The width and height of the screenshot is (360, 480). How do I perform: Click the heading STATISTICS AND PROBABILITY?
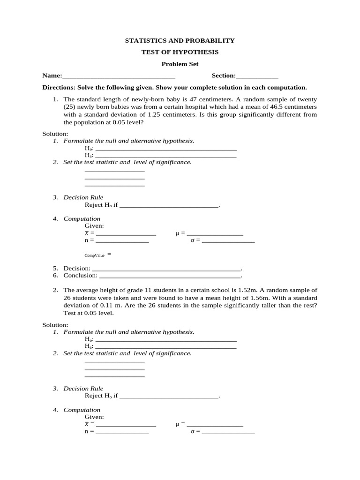(180, 41)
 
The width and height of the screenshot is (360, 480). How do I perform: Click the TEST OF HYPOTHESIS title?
(180, 52)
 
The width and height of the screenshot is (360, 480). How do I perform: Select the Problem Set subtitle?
(180, 64)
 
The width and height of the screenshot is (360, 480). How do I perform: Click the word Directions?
(59, 88)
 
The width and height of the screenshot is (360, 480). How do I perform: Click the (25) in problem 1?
(70, 107)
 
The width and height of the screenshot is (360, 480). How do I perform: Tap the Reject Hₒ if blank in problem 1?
(169, 206)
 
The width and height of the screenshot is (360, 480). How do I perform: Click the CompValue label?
(95, 255)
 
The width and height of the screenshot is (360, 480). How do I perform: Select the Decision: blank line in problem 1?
(166, 270)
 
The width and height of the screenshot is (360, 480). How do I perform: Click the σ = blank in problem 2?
(228, 432)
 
